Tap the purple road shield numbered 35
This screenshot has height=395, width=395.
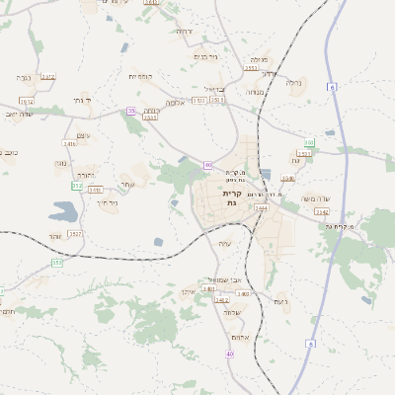[x=130, y=111]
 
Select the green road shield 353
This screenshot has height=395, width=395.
[x=56, y=263]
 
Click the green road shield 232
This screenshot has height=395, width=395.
[x=77, y=185]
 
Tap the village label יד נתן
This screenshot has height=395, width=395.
[x=81, y=100]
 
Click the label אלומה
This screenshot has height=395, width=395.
[x=176, y=103]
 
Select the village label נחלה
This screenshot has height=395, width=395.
[x=294, y=83]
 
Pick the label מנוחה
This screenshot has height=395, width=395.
[x=254, y=92]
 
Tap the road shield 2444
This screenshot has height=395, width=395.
[x=261, y=208]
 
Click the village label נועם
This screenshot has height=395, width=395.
[x=280, y=300]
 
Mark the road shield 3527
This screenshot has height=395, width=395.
[x=76, y=233]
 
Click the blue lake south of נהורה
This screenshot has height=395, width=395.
[x=62, y=210]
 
